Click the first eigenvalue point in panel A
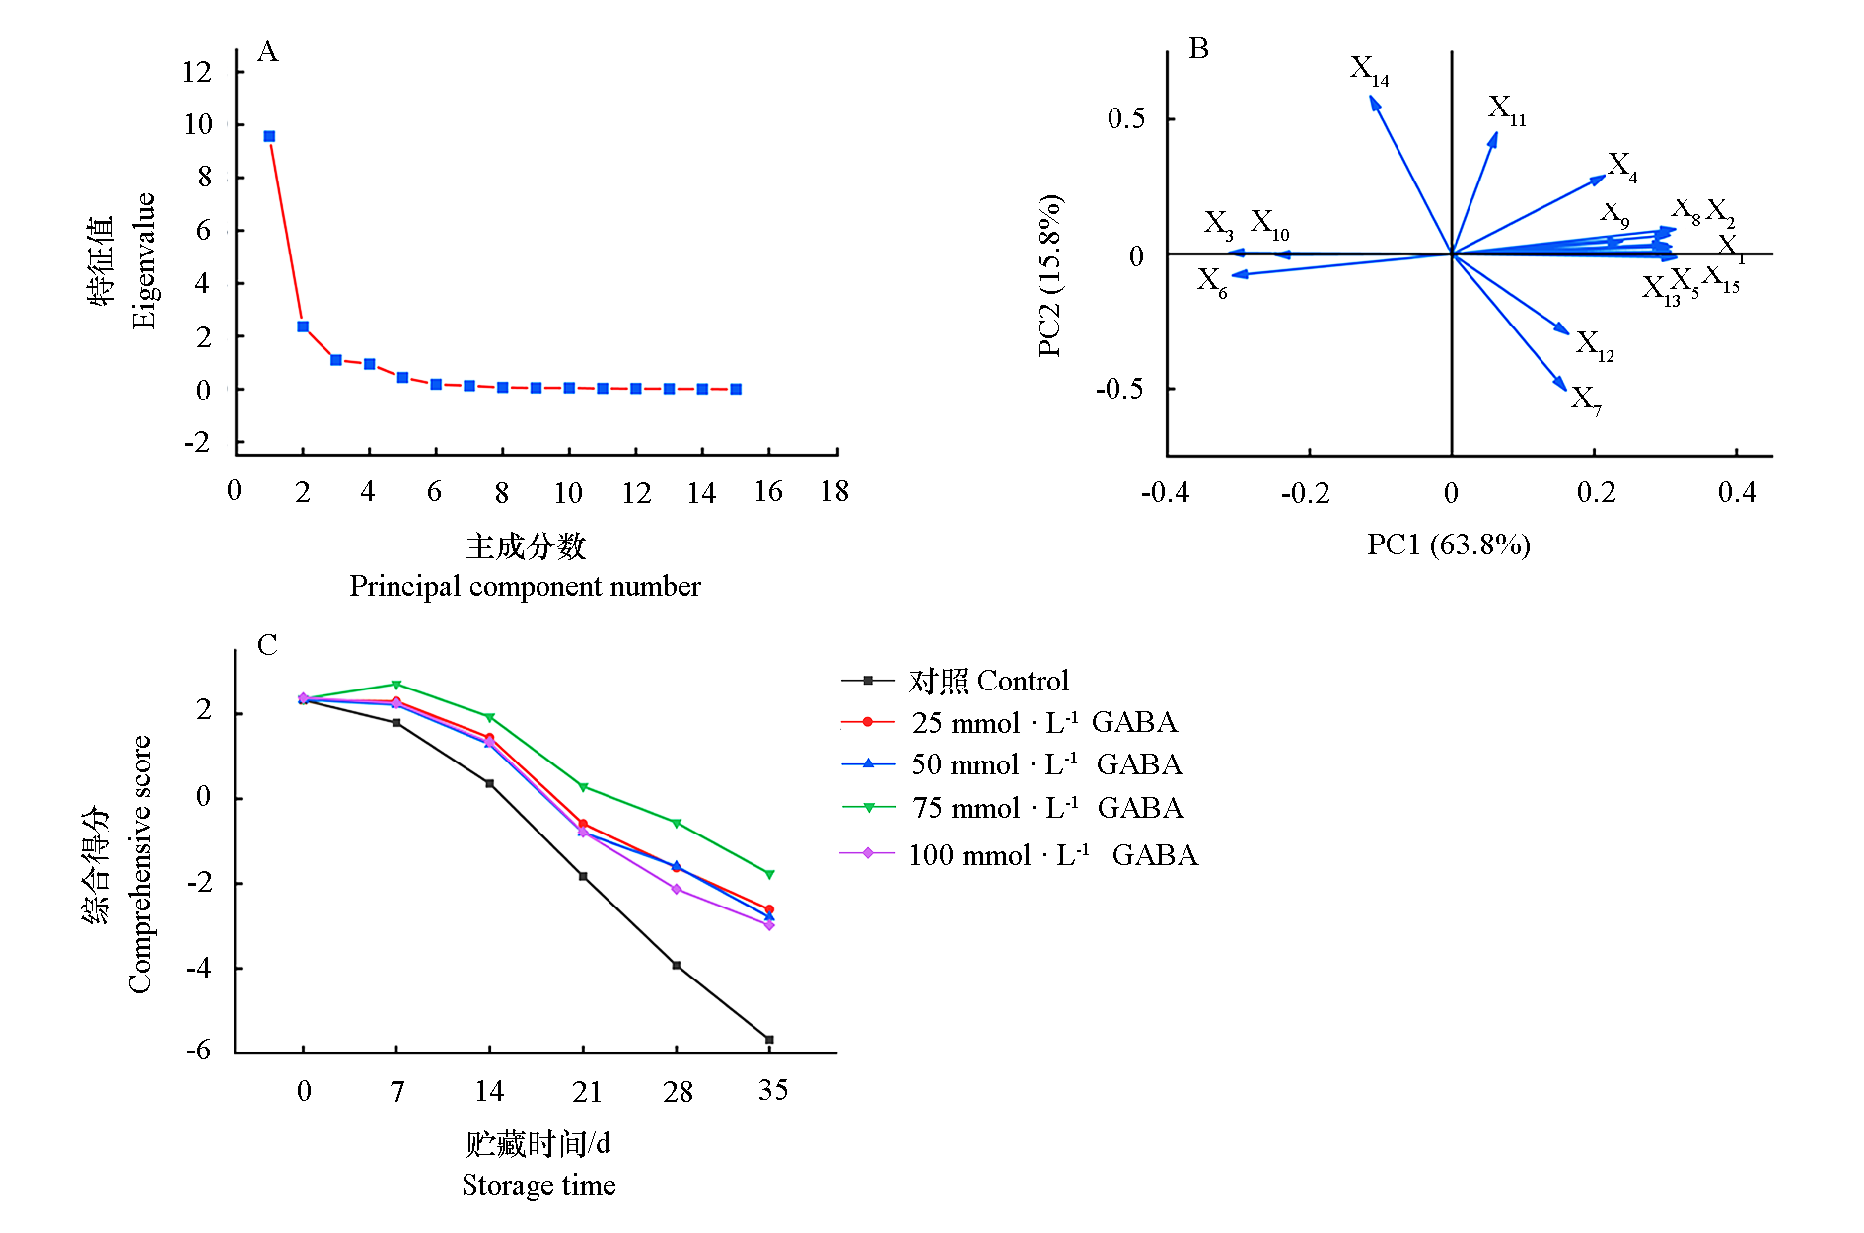click(269, 136)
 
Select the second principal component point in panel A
click(303, 326)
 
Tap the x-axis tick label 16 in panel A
click(768, 491)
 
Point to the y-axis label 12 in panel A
click(197, 71)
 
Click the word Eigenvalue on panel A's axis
click(144, 260)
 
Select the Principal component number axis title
click(525, 586)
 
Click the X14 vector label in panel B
click(1369, 70)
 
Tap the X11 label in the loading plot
click(1506, 109)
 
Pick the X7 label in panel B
click(1586, 399)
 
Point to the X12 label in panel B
click(1594, 345)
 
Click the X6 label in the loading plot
click(1212, 282)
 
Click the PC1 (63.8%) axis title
click(1448, 544)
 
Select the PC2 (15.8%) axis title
click(1049, 275)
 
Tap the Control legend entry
click(988, 681)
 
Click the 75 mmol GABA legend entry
click(1046, 808)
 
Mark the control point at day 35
click(769, 1040)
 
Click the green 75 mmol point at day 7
click(396, 685)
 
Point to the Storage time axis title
click(538, 1185)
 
